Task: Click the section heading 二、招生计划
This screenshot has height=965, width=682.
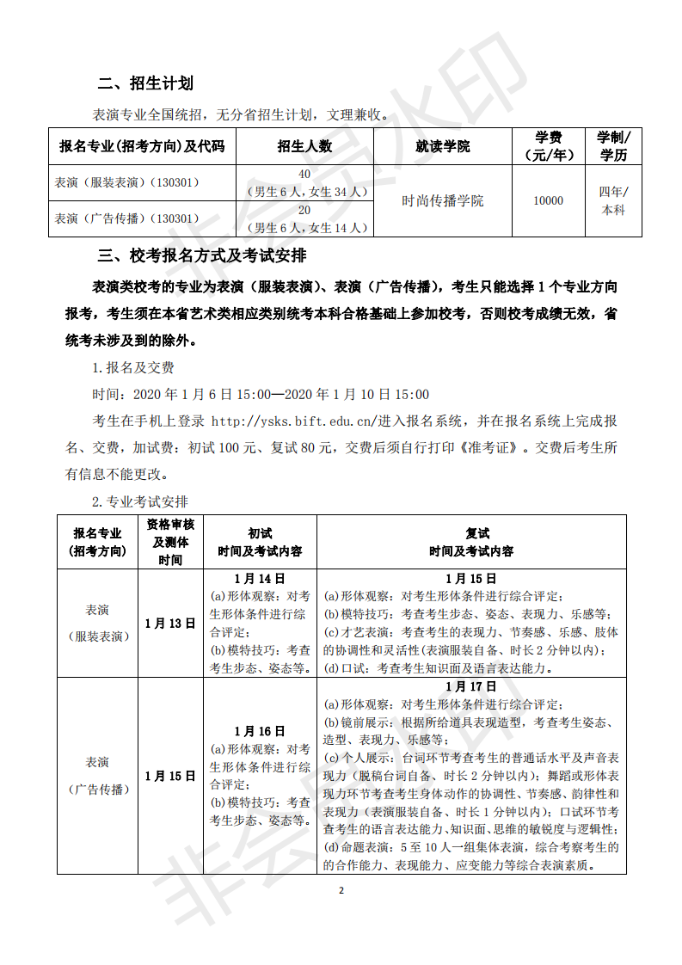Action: coord(145,83)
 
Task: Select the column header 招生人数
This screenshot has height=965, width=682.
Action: coord(304,146)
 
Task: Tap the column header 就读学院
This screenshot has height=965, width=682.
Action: coord(442,146)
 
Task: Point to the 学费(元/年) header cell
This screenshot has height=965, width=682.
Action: coord(549,146)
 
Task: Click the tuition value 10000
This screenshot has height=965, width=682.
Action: coord(549,200)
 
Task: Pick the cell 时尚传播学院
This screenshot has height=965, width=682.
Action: coord(442,200)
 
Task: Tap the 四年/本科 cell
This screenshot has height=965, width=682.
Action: coord(613,200)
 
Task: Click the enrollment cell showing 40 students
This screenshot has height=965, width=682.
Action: coord(304,182)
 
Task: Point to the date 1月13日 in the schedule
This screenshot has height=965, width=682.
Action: coord(170,624)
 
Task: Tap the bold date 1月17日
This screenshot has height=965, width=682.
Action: coord(471,686)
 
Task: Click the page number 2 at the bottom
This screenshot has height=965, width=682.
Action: coord(341,890)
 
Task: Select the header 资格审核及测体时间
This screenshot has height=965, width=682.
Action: coord(170,542)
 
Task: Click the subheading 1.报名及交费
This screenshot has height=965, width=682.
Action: coord(133,367)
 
